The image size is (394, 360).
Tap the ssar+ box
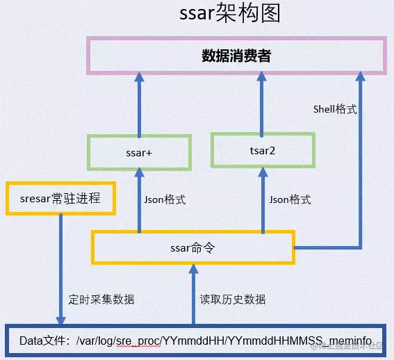point(138,152)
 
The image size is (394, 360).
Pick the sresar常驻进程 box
point(59,198)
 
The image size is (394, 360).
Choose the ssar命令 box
point(193,247)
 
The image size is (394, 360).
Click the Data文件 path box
point(197,342)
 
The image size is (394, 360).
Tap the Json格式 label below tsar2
point(290,199)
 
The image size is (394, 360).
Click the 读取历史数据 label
point(233,300)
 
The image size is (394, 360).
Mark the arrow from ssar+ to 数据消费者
point(139,104)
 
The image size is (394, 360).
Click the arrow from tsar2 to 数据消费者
point(262,104)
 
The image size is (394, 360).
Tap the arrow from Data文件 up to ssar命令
point(194,295)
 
